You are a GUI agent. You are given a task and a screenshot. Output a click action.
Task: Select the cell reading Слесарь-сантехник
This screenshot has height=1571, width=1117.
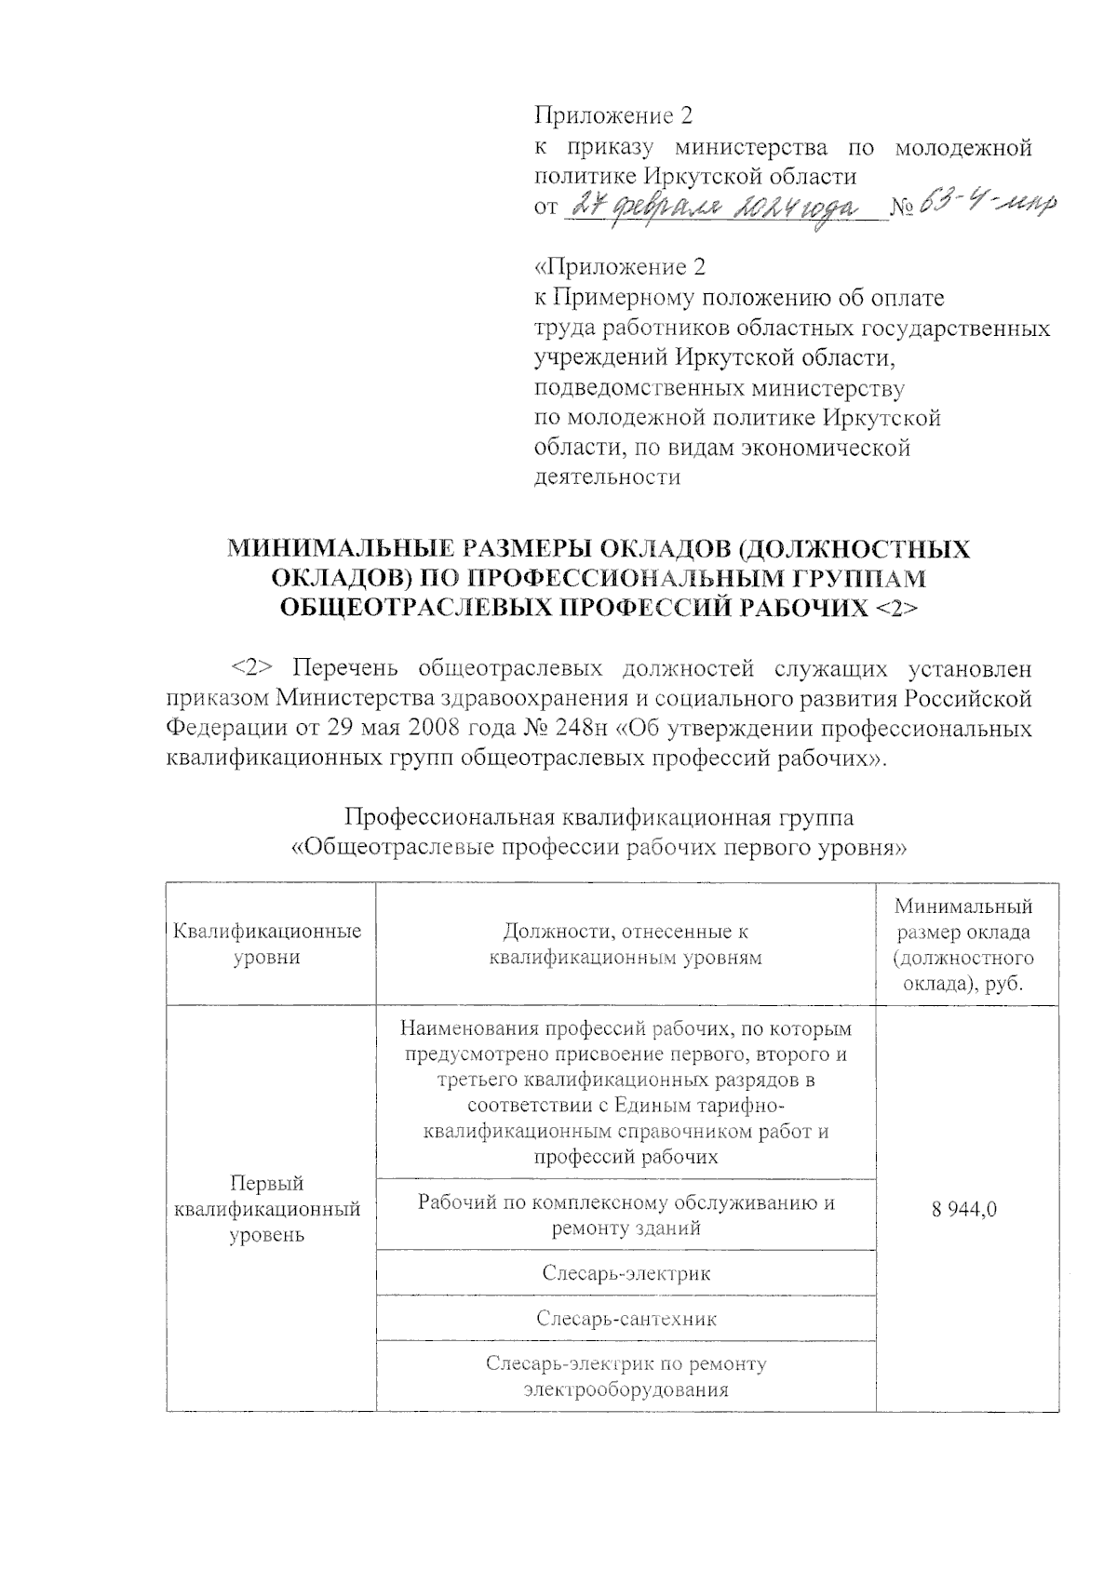point(626,1318)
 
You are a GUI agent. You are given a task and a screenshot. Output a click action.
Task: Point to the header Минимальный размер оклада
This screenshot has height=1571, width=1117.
point(963,944)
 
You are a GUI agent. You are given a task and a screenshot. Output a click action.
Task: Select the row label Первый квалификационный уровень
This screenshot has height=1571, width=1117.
point(267,1209)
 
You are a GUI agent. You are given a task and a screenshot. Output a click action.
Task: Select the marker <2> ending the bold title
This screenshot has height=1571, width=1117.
point(895,608)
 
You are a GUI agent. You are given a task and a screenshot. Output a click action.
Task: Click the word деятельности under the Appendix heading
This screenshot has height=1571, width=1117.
point(606,477)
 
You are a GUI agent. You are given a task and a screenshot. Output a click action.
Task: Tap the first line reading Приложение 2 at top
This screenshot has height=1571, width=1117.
point(613,116)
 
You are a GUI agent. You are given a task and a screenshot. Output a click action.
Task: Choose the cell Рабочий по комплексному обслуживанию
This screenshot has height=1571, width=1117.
point(626,1215)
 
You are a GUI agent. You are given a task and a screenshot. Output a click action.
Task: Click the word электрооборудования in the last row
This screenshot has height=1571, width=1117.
point(626,1390)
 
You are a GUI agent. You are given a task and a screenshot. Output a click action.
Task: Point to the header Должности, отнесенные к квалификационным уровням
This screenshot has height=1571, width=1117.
point(626,944)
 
